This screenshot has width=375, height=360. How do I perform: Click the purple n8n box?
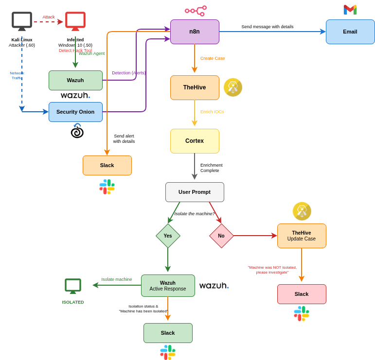coord(195,32)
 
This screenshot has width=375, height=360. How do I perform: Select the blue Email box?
coord(350,32)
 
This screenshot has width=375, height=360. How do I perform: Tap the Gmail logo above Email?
coord(350,10)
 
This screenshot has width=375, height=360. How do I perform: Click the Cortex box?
coord(195,141)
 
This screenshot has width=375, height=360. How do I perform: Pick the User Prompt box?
coord(195,192)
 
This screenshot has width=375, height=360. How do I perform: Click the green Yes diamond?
coord(168,236)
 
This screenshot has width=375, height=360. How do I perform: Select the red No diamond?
coord(221,236)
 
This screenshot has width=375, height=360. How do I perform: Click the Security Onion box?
coord(75,112)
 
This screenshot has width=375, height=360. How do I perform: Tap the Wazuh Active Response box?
coord(168,286)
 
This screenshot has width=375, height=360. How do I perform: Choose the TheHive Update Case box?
coord(302,236)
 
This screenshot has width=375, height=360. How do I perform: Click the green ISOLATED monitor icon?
coord(73,286)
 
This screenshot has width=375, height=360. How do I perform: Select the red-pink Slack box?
coord(302,294)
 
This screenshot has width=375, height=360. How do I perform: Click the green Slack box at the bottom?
coord(168,333)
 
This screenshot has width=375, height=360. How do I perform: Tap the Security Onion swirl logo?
coord(77,131)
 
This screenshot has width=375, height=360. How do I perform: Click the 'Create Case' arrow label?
coord(213,58)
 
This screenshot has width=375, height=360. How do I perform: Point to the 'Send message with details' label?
coord(268,27)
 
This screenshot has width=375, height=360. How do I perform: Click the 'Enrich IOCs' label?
coord(212,112)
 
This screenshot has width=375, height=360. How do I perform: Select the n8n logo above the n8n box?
coord(196,11)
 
